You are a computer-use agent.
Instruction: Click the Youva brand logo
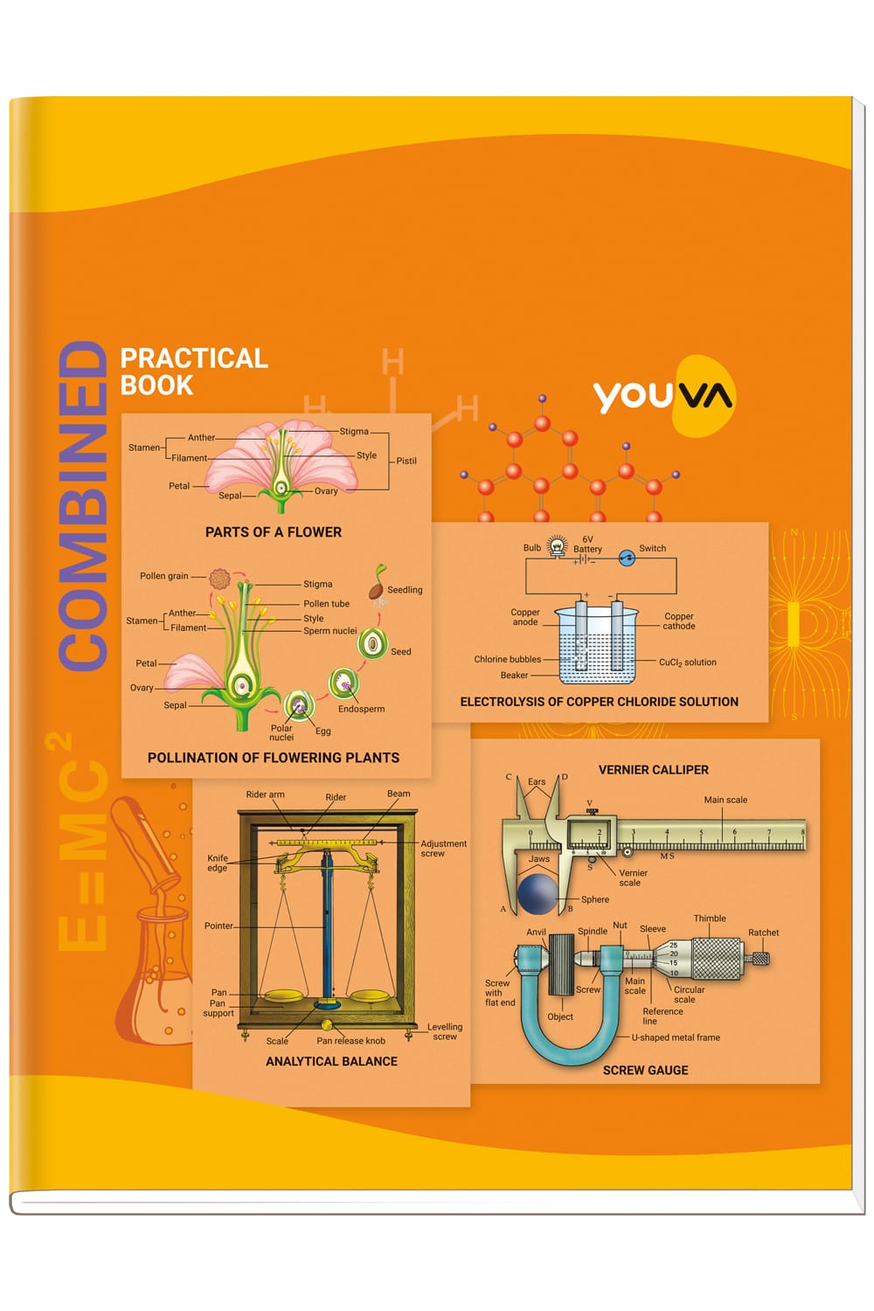664,396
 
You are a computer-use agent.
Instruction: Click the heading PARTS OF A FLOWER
274,532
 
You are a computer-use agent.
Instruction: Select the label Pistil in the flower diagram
406,461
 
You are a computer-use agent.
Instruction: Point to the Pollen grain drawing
220,579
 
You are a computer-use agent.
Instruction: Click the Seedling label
405,589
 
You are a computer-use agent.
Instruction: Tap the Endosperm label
361,709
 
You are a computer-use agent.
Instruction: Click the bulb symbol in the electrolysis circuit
558,545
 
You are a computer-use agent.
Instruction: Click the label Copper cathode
679,621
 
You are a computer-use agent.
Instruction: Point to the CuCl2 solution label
687,662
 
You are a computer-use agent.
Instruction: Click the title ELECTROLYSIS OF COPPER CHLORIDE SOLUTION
599,702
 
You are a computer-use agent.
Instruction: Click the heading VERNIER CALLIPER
653,770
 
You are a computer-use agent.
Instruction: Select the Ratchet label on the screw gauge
763,933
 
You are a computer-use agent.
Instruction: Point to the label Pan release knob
350,1041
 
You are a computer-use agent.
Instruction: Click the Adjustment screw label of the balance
444,848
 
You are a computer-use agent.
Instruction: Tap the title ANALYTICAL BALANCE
331,1061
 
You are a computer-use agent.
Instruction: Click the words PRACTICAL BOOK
194,371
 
